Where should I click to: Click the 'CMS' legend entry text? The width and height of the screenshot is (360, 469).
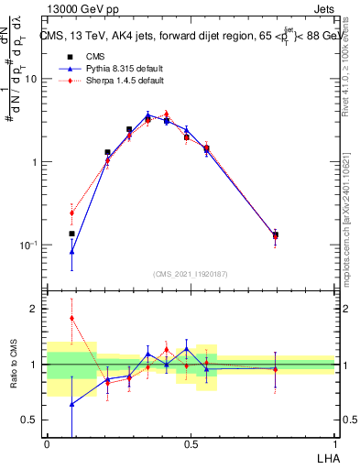(95, 56)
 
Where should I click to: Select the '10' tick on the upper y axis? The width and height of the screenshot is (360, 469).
(30, 79)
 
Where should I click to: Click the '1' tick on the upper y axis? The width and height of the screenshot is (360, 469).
(33, 162)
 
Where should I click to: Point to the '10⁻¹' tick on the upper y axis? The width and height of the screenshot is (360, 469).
(28, 245)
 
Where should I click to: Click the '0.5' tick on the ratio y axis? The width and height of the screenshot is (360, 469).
(29, 420)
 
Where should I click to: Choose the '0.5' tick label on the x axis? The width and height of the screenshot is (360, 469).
(191, 442)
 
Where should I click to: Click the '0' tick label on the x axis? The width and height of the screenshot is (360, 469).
(47, 442)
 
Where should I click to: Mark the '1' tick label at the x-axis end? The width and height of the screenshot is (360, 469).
(334, 442)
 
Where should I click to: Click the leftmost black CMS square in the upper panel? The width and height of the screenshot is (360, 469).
(71, 234)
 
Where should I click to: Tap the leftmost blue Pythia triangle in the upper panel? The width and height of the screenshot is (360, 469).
(71, 250)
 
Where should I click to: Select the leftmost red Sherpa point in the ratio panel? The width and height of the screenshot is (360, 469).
(71, 318)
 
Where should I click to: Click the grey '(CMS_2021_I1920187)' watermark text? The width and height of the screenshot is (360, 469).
(191, 273)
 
